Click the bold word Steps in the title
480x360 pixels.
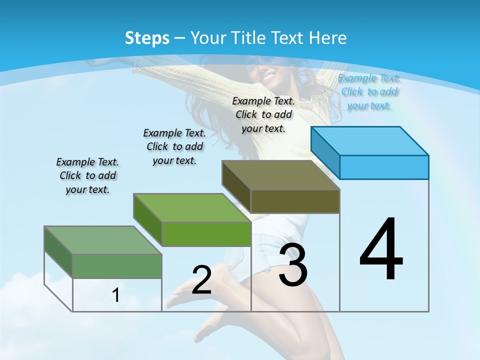click(147, 38)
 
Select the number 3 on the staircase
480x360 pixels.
click(293, 265)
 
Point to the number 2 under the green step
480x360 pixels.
click(201, 280)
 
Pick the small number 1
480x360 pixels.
click(115, 295)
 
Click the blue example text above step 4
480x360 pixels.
click(369, 91)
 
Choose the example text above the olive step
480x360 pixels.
click(263, 114)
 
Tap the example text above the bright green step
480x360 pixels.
click(174, 146)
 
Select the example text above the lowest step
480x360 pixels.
click(87, 175)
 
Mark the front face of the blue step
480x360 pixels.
click(384, 167)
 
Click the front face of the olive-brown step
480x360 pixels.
click(295, 201)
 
